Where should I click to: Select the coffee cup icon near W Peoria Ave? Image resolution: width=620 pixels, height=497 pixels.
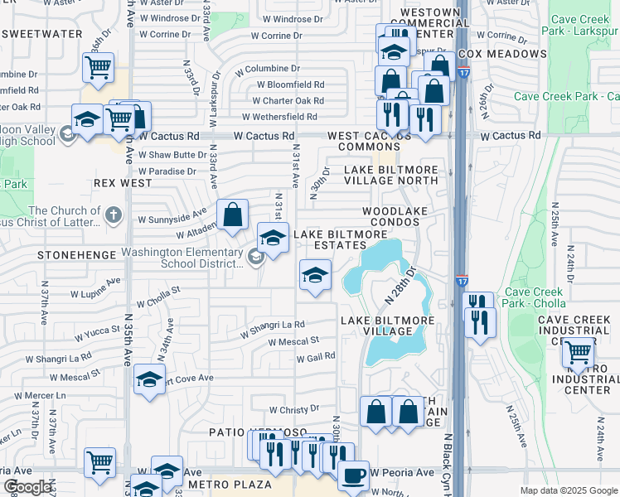[354, 475]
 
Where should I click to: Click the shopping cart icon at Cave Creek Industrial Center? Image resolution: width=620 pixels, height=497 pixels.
[578, 354]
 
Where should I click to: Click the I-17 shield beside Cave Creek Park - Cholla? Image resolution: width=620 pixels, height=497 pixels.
[462, 282]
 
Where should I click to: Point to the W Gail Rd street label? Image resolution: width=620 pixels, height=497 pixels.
[315, 356]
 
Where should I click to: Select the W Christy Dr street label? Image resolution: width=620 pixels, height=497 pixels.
[294, 409]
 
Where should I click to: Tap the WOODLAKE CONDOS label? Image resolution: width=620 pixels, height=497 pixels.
[395, 217]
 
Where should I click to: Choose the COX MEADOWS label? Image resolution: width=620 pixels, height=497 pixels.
[502, 54]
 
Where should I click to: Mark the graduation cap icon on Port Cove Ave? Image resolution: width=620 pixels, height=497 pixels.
[149, 380]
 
